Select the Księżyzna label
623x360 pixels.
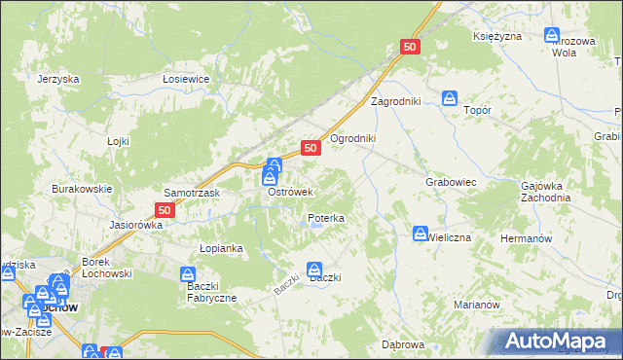tap(498, 36)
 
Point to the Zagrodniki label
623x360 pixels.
tap(394, 101)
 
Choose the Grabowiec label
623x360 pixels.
tap(450, 182)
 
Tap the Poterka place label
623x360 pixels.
tap(326, 219)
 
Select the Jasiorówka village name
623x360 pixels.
tap(136, 224)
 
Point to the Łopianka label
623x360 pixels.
tap(221, 248)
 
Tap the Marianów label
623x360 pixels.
tap(477, 305)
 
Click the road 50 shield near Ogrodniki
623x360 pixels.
tap(311, 148)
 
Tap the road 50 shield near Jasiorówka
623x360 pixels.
tap(165, 209)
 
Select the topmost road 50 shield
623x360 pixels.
tap(410, 47)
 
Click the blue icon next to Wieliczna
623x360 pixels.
tap(421, 234)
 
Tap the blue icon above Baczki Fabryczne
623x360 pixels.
tap(189, 276)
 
